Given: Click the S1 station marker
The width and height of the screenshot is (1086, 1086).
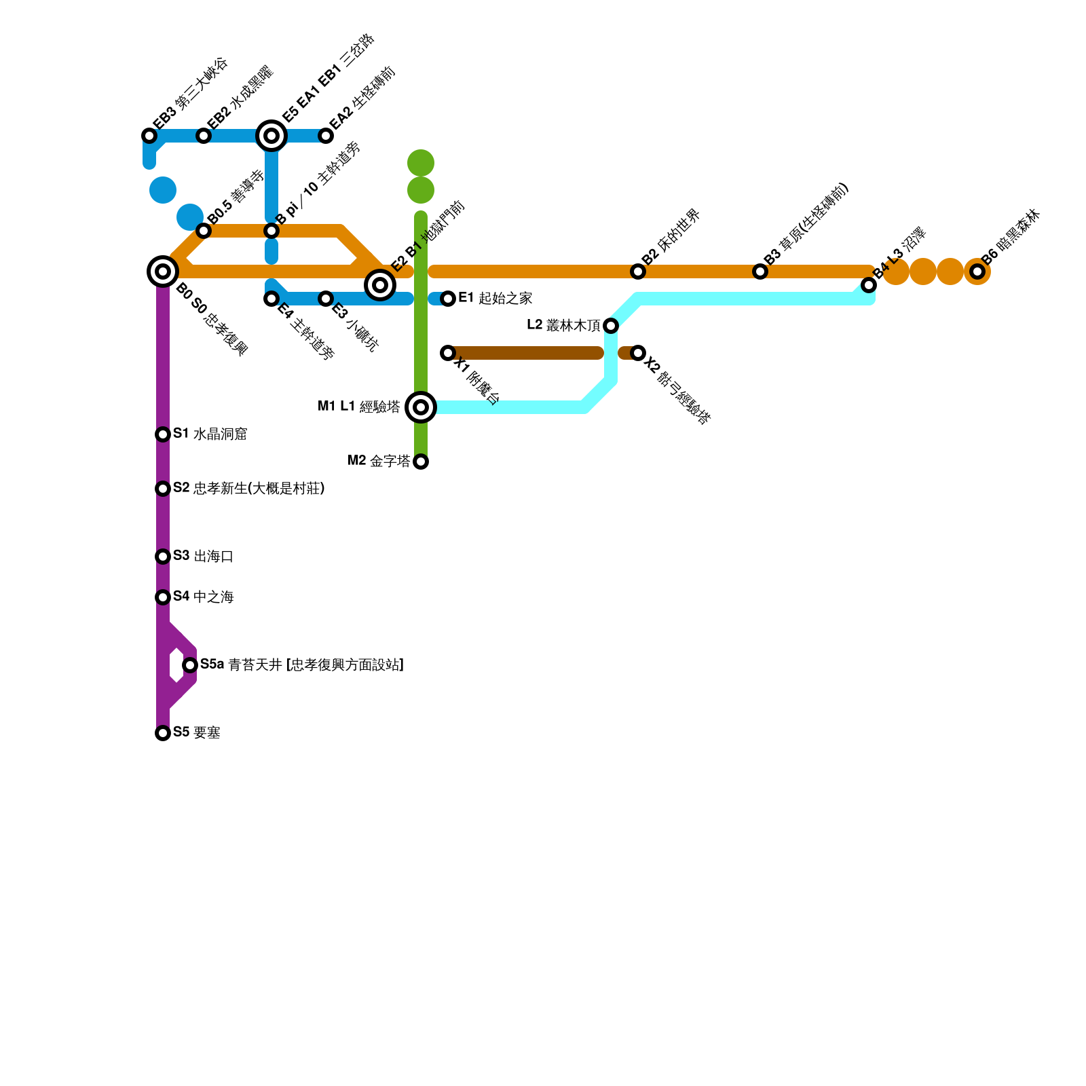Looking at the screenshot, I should (163, 434).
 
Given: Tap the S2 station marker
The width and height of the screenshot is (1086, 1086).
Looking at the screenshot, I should (163, 489).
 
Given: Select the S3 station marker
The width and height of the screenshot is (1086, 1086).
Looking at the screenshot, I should (163, 557).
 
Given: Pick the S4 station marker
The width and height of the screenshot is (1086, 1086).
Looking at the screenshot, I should (163, 597).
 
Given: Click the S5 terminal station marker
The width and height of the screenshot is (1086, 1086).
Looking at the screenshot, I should (163, 733).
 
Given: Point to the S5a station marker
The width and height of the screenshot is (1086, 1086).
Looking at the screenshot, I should (190, 665).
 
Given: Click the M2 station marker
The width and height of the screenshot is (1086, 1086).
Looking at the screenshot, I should (421, 462).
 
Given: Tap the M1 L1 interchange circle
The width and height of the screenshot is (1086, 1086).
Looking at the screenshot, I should (421, 407).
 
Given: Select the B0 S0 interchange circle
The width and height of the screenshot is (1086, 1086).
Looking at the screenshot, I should (163, 271).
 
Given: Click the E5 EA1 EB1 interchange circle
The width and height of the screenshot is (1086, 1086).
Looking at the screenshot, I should (271, 136).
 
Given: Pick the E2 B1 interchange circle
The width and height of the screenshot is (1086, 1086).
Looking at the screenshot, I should (380, 285).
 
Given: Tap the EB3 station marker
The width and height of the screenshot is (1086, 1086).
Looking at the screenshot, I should (149, 136).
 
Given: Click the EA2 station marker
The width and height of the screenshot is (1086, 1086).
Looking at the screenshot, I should (326, 136).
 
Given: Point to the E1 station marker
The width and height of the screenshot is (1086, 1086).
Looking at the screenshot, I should (448, 299).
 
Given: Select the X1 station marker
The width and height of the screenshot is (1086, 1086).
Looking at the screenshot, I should (448, 353).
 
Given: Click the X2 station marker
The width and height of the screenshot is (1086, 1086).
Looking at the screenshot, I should (638, 353).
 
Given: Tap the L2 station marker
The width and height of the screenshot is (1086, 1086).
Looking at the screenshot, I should (611, 326).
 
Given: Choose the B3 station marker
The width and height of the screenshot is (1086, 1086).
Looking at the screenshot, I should (760, 271).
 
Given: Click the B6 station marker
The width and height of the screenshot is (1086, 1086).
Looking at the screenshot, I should (977, 271).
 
